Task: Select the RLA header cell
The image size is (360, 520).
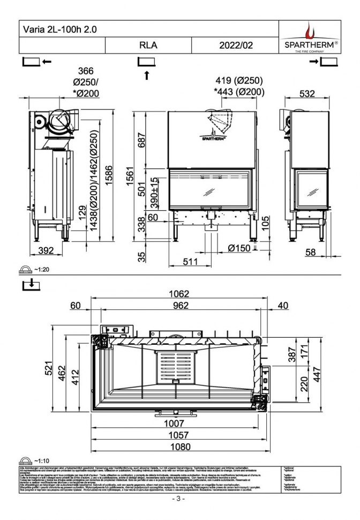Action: click(148, 46)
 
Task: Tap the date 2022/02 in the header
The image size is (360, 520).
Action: click(236, 46)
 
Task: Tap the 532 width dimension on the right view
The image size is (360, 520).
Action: click(306, 94)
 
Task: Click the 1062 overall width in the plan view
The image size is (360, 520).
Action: click(179, 294)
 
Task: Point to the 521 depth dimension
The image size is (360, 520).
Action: click(49, 368)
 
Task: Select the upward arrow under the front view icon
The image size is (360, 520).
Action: click(146, 75)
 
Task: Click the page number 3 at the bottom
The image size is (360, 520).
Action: click(179, 499)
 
